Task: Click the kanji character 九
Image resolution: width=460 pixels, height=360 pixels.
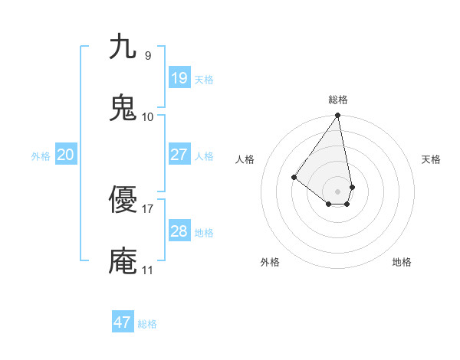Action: [123, 47]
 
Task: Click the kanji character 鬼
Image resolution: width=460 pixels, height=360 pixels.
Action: [123, 108]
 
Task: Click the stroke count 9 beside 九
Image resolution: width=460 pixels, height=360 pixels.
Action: [148, 55]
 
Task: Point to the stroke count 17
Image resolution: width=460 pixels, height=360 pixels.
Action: [148, 208]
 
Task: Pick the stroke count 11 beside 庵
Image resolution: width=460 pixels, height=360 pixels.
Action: [148, 270]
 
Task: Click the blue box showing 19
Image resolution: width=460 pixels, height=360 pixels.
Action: [179, 78]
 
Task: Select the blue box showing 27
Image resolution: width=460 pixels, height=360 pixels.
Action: [179, 155]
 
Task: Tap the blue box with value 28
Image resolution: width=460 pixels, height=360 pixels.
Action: [179, 231]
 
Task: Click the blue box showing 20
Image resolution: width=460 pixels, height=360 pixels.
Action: [66, 155]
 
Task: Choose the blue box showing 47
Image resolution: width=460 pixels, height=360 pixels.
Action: [123, 322]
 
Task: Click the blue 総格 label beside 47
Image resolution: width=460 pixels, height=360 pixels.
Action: [147, 324]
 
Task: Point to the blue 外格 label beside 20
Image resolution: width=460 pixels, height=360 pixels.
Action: [41, 156]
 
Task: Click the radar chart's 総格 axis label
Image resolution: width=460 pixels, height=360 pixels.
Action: [338, 100]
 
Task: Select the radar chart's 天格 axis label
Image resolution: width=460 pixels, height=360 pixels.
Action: [432, 159]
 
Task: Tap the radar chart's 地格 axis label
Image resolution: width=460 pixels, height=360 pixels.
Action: [402, 262]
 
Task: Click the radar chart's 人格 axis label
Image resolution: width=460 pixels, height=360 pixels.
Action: [245, 159]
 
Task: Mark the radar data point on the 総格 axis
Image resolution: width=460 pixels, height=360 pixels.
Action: [338, 116]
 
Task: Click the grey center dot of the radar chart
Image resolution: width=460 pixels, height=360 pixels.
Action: [338, 191]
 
